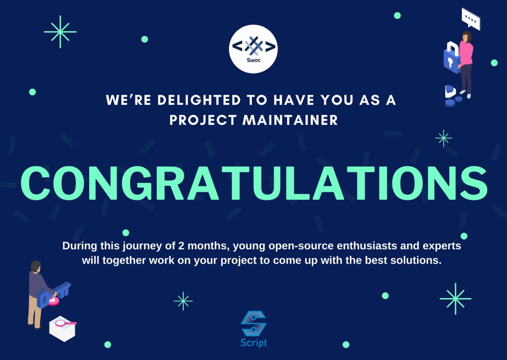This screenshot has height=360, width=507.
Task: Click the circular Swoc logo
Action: click(253, 49)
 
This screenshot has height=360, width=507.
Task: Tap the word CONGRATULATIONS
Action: click(254, 183)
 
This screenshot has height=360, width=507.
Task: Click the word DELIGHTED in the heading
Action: click(199, 100)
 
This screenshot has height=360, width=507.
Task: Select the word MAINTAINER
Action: click(290, 120)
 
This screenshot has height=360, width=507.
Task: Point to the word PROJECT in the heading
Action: click(203, 120)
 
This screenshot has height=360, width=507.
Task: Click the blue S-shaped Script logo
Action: click(253, 324)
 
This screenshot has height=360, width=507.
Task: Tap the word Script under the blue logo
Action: click(253, 343)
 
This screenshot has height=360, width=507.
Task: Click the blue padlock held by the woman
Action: click(452, 58)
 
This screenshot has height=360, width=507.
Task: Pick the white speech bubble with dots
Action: click(471, 19)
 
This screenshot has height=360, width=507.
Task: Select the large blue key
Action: click(53, 295)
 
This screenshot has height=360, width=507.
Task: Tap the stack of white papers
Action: click(63, 329)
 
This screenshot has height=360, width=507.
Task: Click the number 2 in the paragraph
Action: click(181, 246)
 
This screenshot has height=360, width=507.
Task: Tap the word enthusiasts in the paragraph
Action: click(367, 246)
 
